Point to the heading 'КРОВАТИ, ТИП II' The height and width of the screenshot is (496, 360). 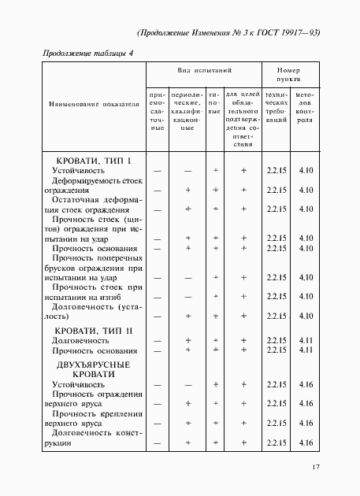pyautogui.click(x=94, y=331)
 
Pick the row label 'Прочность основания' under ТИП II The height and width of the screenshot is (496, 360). pyautogui.click(x=94, y=350)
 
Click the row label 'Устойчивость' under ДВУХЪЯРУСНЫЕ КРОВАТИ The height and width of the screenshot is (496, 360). pyautogui.click(x=78, y=385)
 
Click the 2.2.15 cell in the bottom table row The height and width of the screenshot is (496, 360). pyautogui.click(x=275, y=443)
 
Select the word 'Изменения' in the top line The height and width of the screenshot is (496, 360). pyautogui.click(x=218, y=33)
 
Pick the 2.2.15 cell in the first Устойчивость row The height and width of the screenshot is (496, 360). pyautogui.click(x=275, y=170)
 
